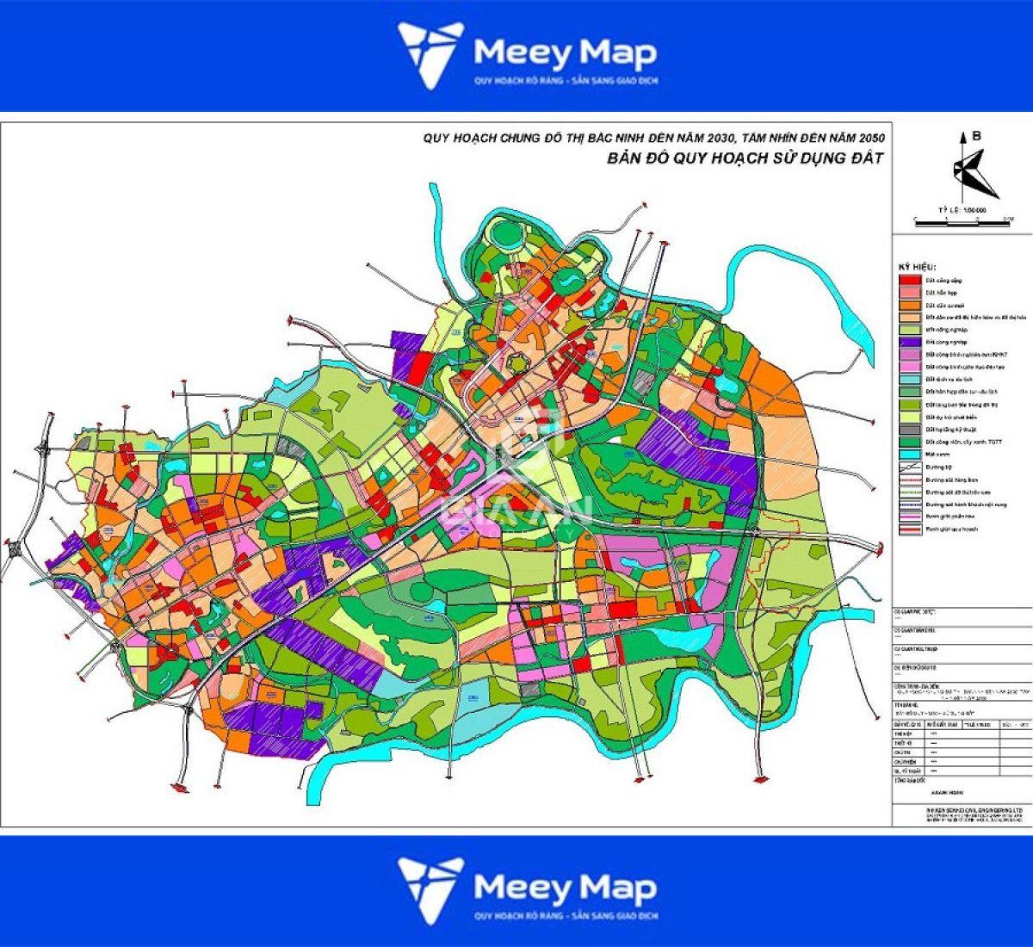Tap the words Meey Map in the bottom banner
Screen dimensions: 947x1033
[x=565, y=887]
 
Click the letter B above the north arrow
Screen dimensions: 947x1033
[x=976, y=135]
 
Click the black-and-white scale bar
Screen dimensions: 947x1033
[x=962, y=222]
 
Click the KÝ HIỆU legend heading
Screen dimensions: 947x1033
[x=918, y=267]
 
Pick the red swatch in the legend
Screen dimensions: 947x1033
[x=910, y=281]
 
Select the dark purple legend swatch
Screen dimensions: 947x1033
[x=910, y=342]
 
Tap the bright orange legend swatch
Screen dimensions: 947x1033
[x=910, y=305]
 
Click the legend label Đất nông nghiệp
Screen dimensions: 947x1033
[x=947, y=330]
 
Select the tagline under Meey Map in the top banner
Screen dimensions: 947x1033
[x=565, y=81]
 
